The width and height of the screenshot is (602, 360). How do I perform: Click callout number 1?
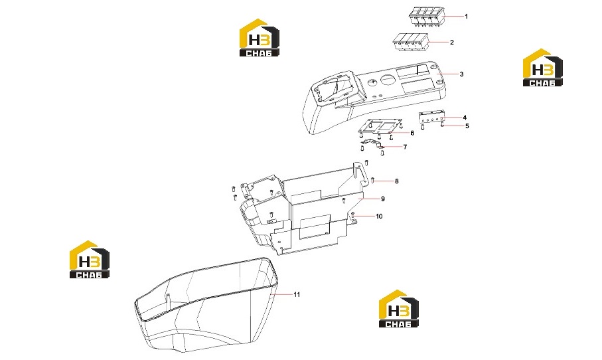click(x=467, y=17)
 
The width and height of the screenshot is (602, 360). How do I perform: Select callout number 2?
click(x=452, y=43)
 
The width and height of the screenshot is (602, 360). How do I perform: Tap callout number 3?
click(x=461, y=74)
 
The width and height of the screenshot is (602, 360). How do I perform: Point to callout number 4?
click(x=465, y=118)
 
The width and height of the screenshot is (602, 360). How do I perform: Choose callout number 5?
click(x=467, y=126)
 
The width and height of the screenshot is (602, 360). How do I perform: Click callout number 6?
click(x=412, y=134)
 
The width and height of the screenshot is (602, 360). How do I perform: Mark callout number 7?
click(x=405, y=147)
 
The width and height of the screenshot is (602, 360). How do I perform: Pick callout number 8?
click(x=397, y=181)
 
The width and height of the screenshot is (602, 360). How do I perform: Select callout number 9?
click(x=383, y=199)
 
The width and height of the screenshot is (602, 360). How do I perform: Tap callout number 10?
click(x=379, y=217)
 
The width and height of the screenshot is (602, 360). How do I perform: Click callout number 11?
click(x=297, y=295)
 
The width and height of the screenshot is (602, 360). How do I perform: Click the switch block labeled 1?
click(x=426, y=17)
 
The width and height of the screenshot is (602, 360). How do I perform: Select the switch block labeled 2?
click(x=411, y=42)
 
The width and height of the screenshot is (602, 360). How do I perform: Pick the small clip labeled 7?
click(x=372, y=143)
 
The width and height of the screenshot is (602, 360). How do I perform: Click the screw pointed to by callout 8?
click(x=373, y=180)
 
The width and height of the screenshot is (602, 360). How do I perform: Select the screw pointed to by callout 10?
click(x=352, y=216)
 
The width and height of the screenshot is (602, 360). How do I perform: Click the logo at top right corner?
click(x=542, y=67)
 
